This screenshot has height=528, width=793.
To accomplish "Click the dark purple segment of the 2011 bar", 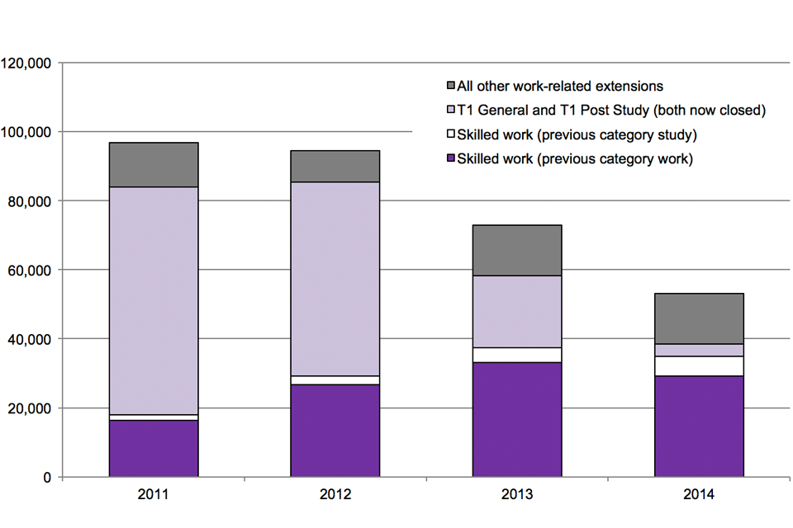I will point(154,448).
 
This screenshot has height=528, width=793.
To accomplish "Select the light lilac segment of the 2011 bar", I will point(154,300).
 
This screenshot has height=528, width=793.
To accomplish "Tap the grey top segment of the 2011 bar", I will point(154,165).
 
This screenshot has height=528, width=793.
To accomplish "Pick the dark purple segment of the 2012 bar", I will point(335,430).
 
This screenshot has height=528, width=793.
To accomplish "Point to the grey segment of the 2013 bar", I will point(517,250).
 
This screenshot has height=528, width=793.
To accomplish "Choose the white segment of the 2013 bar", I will point(517,355).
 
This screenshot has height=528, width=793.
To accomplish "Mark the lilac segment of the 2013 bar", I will point(517,311).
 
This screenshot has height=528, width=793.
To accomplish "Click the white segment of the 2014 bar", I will point(699,365).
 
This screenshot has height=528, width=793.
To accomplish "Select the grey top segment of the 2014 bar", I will point(699,318).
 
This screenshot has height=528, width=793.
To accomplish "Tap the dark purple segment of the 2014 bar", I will point(699,427).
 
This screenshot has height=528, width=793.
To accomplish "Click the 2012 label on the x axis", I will point(335,496).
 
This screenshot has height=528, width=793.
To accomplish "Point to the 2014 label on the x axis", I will point(699,496).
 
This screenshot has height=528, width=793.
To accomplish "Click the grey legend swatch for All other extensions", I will point(451,86).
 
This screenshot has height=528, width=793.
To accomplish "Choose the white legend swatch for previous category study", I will point(451,134).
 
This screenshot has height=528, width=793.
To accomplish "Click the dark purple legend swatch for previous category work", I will point(451,158).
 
